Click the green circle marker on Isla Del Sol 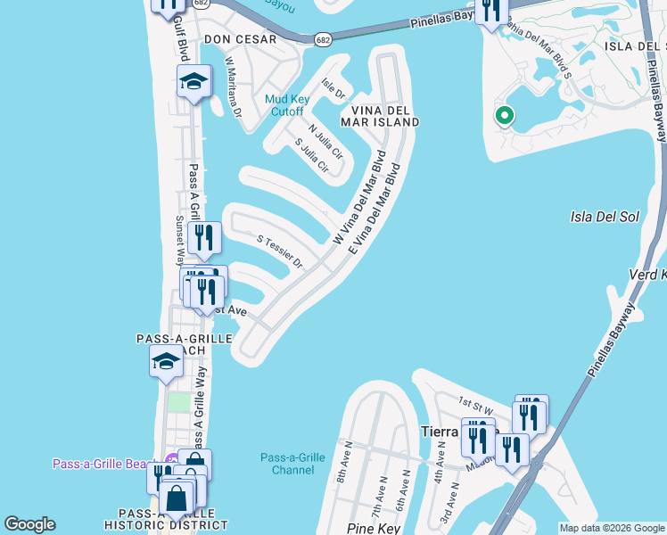504,116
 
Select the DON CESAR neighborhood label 240,39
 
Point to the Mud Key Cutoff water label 284,105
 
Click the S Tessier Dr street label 280,252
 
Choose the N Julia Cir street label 325,141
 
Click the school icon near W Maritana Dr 194,82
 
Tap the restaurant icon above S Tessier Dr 205,237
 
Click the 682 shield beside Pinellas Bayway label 324,39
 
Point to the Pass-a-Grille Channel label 292,463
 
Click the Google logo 29,524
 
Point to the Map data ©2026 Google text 611,528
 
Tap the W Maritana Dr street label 233,87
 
